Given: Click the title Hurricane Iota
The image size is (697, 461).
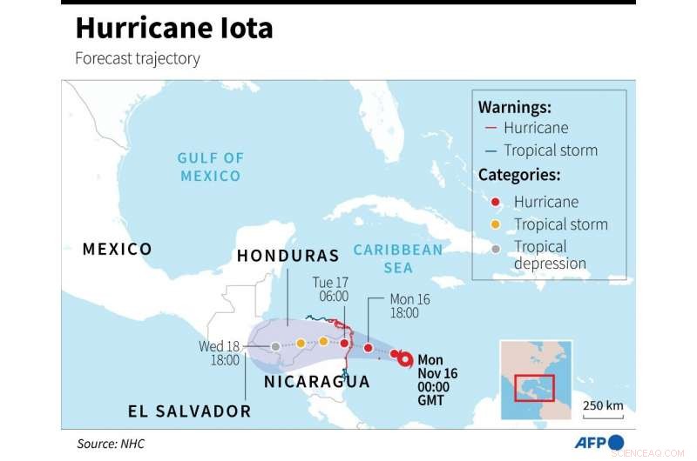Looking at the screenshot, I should point(173,28).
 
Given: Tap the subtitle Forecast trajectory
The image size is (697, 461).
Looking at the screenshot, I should point(138,59).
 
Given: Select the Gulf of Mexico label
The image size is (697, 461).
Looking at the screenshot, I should point(210,166).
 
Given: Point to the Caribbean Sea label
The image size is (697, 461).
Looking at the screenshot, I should point(398,257).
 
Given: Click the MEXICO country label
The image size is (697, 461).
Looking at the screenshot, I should point(117,250).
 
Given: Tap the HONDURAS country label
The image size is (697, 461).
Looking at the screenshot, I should point(288,257).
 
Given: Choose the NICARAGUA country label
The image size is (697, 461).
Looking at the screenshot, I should point(316,382).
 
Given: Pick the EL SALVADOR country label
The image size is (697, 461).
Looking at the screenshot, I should point(189,411).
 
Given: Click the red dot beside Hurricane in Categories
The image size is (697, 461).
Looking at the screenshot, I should point(495,202).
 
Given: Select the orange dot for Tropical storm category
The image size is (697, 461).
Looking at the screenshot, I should point(495,224).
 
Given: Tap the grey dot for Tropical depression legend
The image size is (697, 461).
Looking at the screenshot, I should point(495,248).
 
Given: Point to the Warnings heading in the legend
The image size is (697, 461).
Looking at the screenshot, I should point(515,107).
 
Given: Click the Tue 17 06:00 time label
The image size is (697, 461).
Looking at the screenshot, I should point(331,290).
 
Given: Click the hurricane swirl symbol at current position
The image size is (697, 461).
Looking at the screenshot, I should point(406,357).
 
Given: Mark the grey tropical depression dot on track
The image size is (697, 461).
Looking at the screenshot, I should point(275,346).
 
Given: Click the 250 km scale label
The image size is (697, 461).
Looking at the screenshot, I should point(603,405).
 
